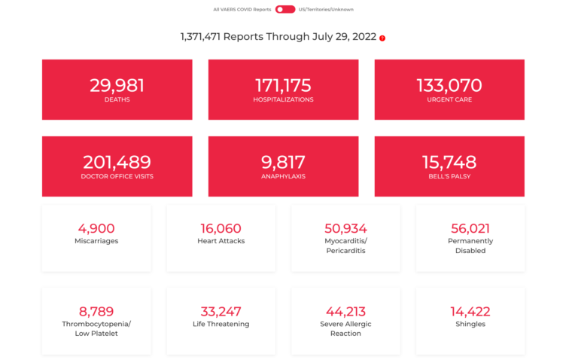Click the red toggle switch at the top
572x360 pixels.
pyautogui.click(x=285, y=10)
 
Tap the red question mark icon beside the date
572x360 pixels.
pyautogui.click(x=382, y=38)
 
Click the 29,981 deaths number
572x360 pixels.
pyautogui.click(x=117, y=85)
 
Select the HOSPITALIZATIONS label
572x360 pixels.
pyautogui.click(x=283, y=99)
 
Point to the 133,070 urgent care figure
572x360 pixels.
pyautogui.click(x=449, y=85)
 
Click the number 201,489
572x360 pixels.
pyautogui.click(x=117, y=162)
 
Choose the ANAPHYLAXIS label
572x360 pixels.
pyautogui.click(x=283, y=176)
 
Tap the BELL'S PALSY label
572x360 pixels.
pyautogui.click(x=449, y=176)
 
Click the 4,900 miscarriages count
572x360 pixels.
pyautogui.click(x=96, y=228)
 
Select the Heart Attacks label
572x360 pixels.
pyautogui.click(x=221, y=241)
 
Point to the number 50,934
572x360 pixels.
pyautogui.click(x=346, y=228)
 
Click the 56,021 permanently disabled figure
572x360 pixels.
pyautogui.click(x=470, y=228)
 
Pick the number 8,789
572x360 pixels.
pyautogui.click(x=96, y=311)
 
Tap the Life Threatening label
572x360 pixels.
pyautogui.click(x=221, y=324)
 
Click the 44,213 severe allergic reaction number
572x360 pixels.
pyautogui.click(x=346, y=311)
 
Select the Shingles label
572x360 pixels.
pyautogui.click(x=470, y=324)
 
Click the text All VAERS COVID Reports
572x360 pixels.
pyautogui.click(x=242, y=10)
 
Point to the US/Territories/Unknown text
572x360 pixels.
pyautogui.click(x=326, y=10)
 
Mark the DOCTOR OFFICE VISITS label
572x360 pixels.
pyautogui.click(x=117, y=176)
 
